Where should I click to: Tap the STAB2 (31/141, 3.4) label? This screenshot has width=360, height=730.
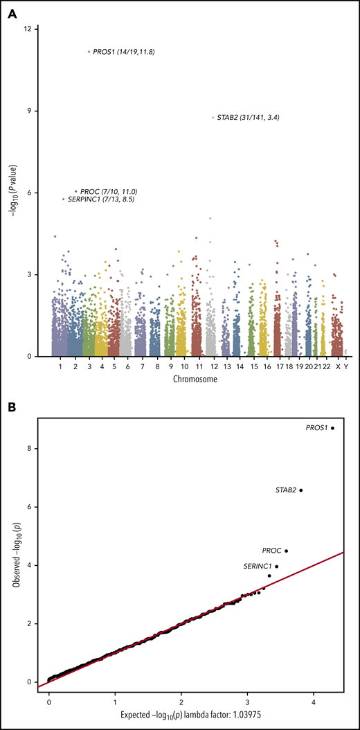(249, 118)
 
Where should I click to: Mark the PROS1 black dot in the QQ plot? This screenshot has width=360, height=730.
(333, 428)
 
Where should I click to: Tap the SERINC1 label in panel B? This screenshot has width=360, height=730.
(258, 567)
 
